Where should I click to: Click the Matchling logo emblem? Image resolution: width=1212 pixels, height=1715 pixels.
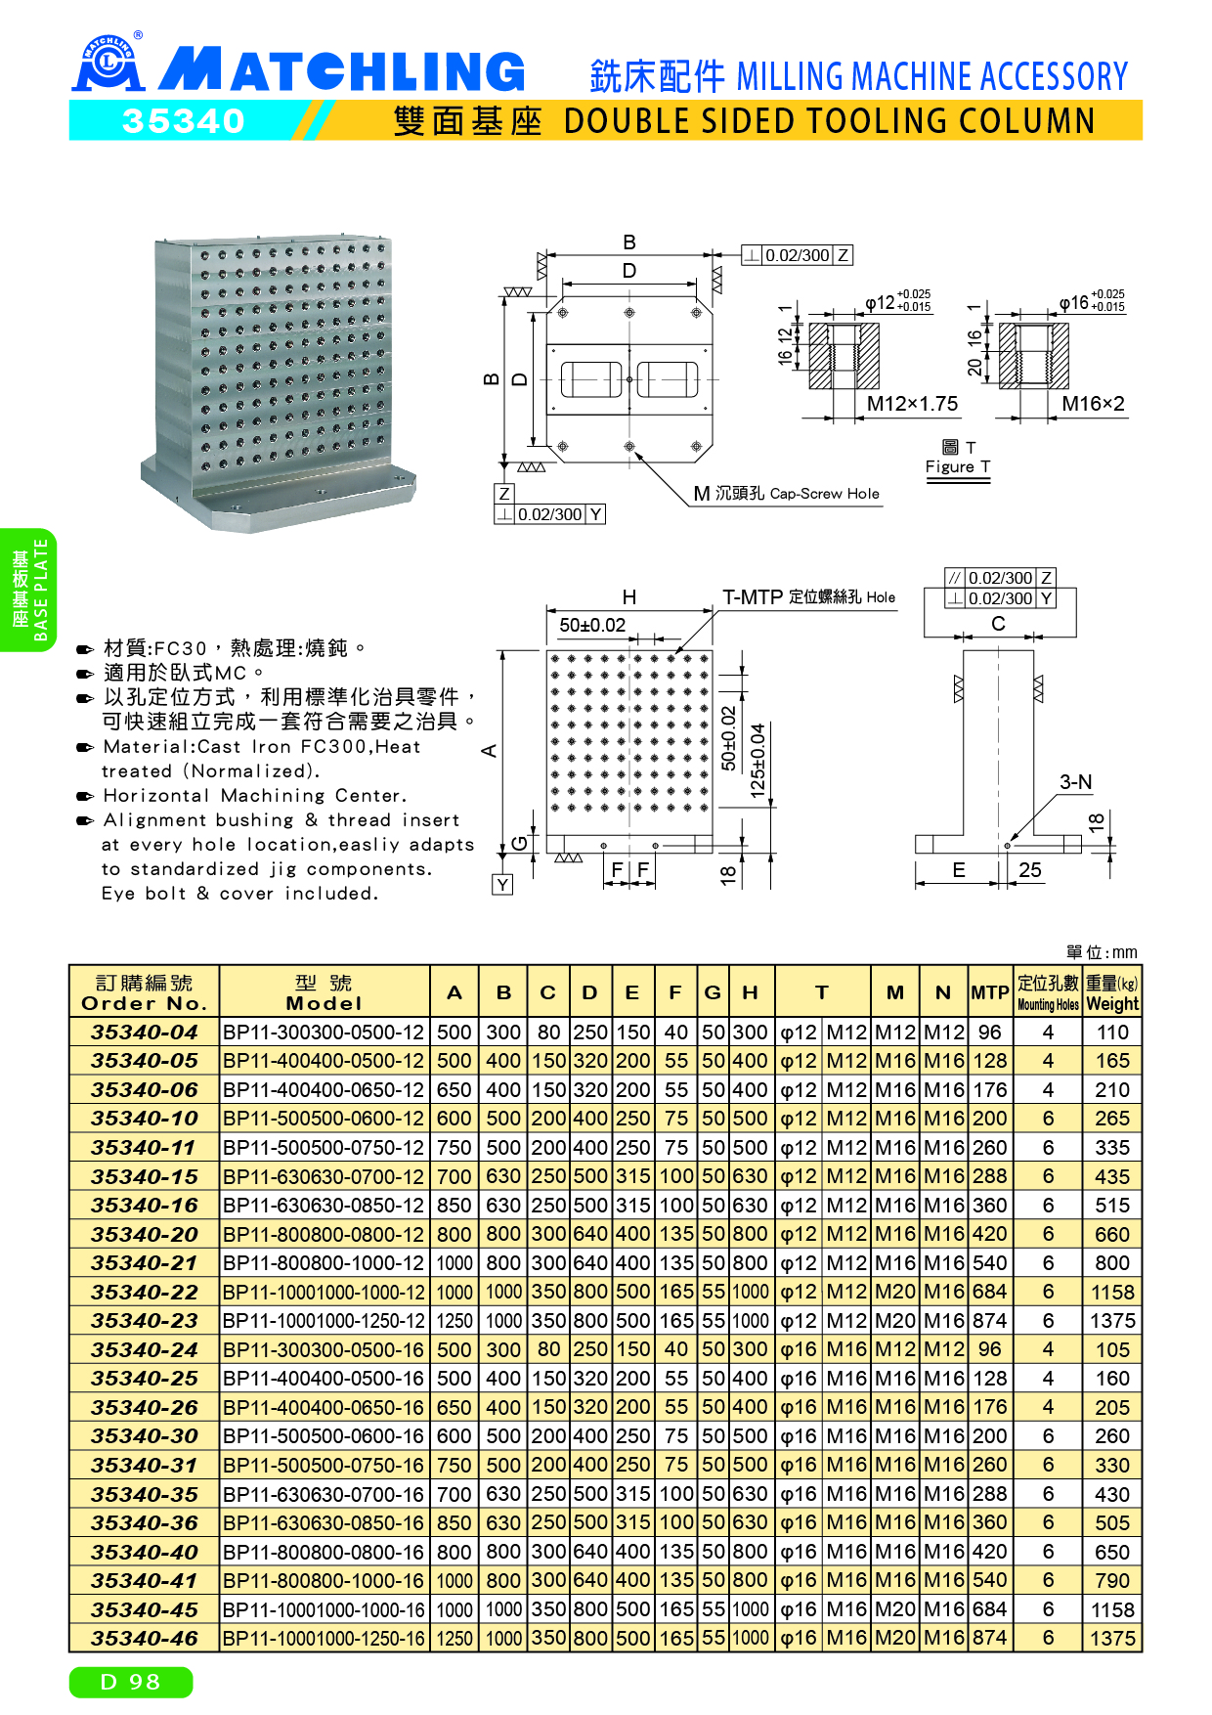click(108, 64)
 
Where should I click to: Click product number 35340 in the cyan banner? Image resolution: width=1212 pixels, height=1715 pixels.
click(184, 121)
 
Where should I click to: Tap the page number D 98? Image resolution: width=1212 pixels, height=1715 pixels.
click(131, 1682)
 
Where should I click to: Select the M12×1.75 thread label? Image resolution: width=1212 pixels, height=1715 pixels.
click(912, 404)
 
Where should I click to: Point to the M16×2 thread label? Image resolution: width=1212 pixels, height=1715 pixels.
click(1093, 404)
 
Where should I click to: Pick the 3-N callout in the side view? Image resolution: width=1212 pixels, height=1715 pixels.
click(1075, 782)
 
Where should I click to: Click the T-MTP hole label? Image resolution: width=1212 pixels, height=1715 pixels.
click(808, 597)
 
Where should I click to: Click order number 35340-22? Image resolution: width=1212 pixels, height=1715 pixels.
click(145, 1292)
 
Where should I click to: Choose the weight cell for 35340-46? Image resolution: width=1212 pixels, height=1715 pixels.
click(1112, 1638)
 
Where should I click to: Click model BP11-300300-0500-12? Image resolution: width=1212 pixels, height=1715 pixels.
click(324, 1033)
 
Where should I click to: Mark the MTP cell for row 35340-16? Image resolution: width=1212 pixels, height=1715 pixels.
click(989, 1206)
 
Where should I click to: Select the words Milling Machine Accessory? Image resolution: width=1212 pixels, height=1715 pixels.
click(931, 76)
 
